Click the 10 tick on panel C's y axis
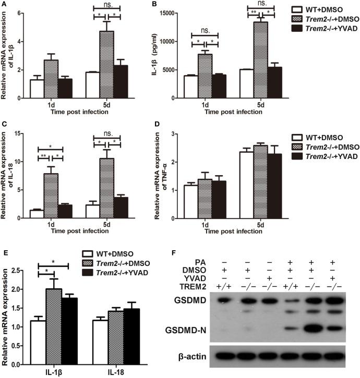coord(20,162)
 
